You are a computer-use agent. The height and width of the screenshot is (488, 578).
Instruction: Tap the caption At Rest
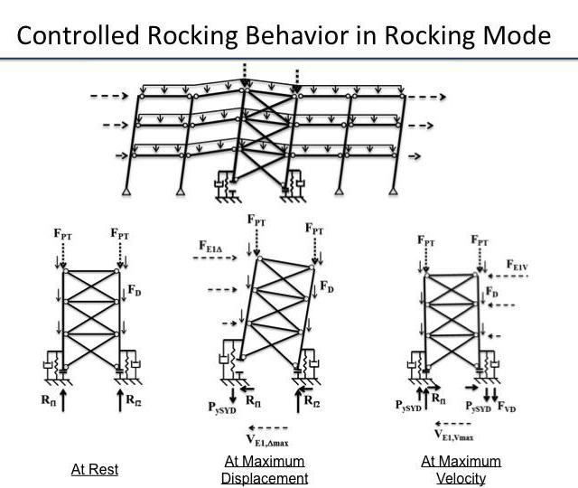click(95, 469)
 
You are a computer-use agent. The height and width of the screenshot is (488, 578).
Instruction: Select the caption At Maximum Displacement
click(266, 469)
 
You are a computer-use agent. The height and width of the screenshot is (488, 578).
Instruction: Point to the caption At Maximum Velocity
click(461, 469)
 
